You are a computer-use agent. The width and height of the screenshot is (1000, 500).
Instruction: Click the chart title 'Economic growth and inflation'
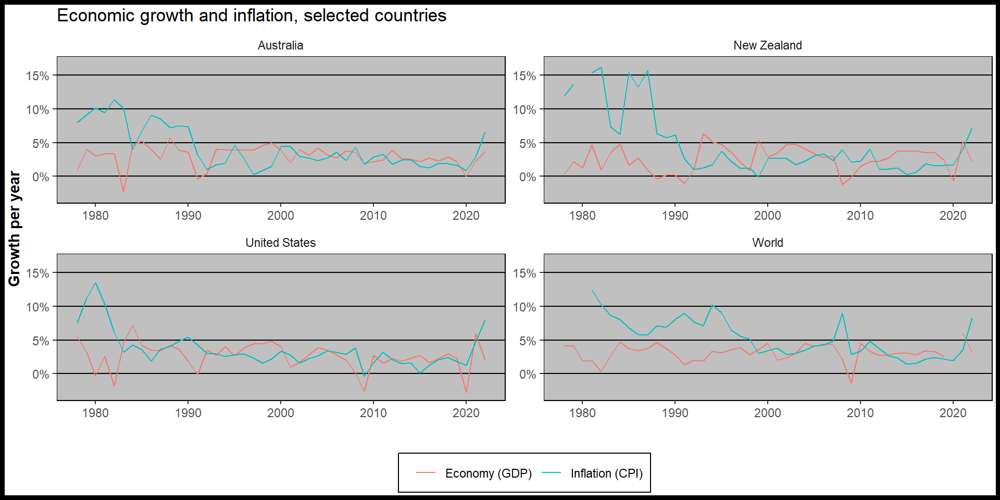(251, 16)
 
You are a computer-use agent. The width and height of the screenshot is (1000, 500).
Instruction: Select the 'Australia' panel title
(280, 45)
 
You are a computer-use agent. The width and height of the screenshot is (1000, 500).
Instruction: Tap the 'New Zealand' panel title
(767, 45)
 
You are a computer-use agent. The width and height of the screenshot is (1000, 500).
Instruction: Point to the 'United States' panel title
(280, 243)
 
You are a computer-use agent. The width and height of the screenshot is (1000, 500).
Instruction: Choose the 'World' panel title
(767, 243)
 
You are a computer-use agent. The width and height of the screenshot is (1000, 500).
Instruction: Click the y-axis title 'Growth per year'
(14, 229)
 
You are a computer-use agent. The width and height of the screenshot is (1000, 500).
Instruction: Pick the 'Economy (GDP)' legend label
(488, 473)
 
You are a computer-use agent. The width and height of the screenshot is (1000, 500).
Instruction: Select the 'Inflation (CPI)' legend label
(606, 473)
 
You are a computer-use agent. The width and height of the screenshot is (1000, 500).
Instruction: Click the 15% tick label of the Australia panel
(37, 76)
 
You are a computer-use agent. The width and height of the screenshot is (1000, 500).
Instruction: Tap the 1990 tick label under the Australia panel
(188, 216)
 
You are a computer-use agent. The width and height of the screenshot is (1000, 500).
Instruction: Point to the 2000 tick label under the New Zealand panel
(767, 216)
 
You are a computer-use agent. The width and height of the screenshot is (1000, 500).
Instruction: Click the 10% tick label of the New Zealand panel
(524, 110)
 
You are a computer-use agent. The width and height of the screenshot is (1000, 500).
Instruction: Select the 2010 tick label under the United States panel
(373, 413)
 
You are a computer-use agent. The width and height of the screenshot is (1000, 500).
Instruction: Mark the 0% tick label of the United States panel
(41, 374)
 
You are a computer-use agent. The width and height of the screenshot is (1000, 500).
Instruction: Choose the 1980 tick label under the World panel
(582, 413)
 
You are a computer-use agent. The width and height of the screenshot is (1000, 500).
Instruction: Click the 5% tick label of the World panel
(527, 341)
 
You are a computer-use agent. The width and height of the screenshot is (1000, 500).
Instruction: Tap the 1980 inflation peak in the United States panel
(95, 283)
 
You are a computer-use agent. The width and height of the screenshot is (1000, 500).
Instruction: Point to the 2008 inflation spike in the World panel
(842, 314)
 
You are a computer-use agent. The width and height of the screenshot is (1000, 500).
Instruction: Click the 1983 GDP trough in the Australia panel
(123, 191)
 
